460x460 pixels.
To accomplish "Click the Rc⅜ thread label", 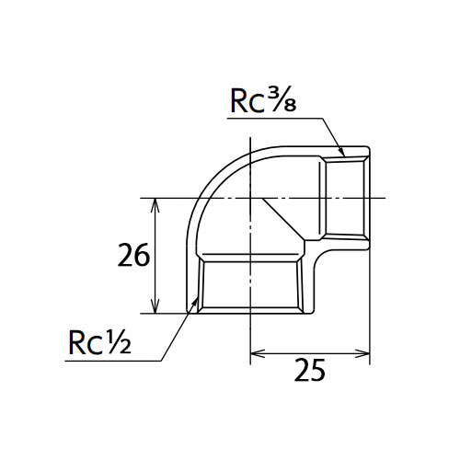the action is point(263,100).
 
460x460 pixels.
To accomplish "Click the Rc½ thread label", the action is point(99,342).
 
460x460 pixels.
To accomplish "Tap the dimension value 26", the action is point(133,255).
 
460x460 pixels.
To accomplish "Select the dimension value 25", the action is point(309,370).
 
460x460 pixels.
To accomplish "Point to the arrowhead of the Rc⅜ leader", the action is point(342,152).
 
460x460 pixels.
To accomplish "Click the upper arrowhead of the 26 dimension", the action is point(155,205).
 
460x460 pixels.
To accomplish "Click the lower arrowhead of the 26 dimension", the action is point(155,306).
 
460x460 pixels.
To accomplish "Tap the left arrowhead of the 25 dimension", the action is point(258,353).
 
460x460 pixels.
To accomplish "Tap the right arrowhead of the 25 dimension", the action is point(362,353).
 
